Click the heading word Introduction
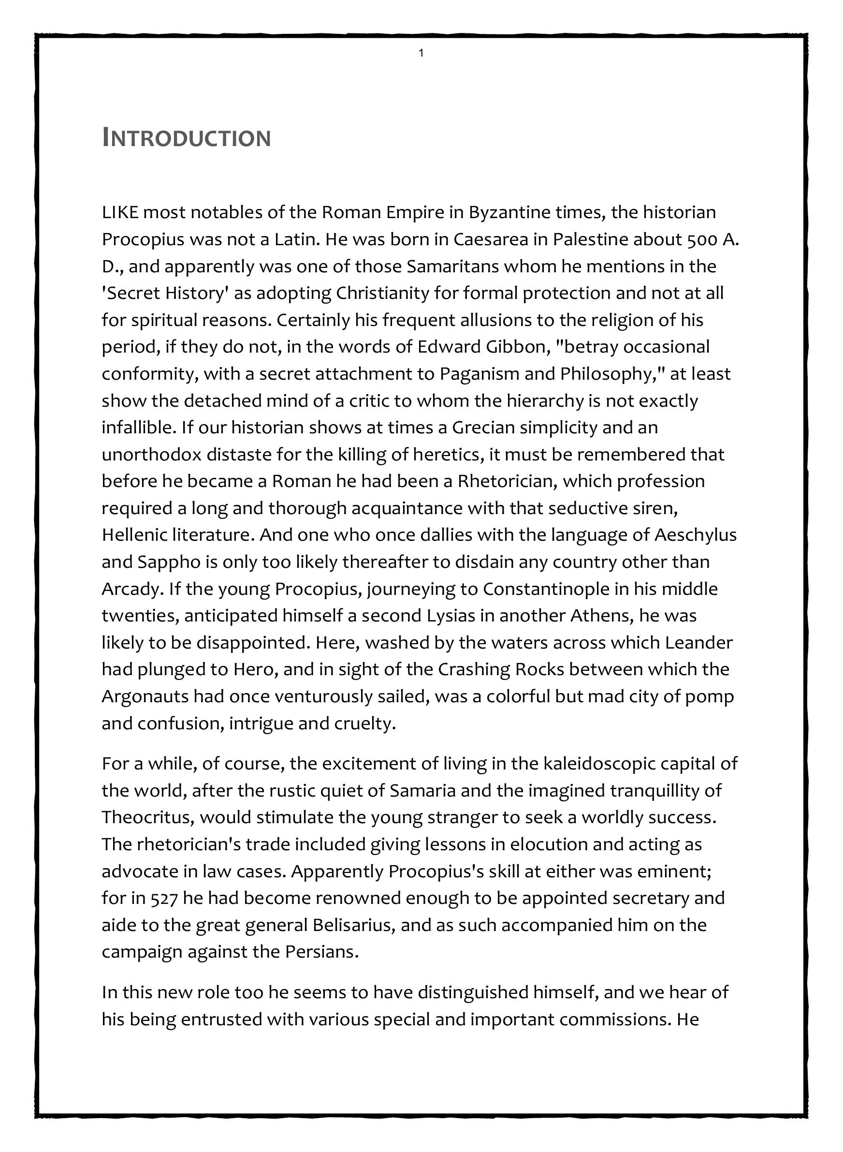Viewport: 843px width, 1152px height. [186, 138]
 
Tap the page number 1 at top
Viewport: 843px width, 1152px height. [421, 53]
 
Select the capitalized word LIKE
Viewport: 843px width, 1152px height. [120, 212]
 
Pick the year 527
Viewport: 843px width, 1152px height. [164, 898]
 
